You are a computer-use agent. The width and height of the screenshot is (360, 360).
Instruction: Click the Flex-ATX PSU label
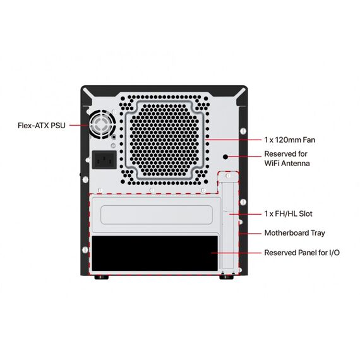pos(42,125)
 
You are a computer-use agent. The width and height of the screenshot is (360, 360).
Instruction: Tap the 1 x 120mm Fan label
pos(289,140)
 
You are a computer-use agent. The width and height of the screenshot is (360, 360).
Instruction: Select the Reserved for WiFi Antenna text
pos(287,159)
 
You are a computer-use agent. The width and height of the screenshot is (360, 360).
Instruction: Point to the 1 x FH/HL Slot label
pos(288,213)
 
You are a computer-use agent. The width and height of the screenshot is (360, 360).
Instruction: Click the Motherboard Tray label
pos(294,233)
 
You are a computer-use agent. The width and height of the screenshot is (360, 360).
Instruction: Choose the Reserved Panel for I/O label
pos(302,253)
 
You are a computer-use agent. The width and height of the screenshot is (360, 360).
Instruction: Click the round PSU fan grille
pos(102,124)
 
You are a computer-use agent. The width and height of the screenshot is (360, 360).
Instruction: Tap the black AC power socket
pos(104,160)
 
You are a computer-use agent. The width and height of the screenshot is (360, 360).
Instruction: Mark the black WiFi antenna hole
pos(225,157)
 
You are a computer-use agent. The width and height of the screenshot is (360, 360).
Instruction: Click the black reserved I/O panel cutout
pos(155,253)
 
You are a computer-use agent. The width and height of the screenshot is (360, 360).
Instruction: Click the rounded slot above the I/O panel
pos(157,215)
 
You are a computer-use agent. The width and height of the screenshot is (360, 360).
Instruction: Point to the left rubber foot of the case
pos(102,277)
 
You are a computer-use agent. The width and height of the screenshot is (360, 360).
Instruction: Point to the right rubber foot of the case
pos(227,277)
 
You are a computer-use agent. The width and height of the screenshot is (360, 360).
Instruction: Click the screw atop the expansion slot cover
pos(228,176)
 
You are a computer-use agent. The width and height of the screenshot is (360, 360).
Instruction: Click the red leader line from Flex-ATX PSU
pos(79,125)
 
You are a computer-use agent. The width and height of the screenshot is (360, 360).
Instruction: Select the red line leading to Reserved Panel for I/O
pos(236,253)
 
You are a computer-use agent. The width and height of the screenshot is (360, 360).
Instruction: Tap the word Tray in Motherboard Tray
pos(318,233)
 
